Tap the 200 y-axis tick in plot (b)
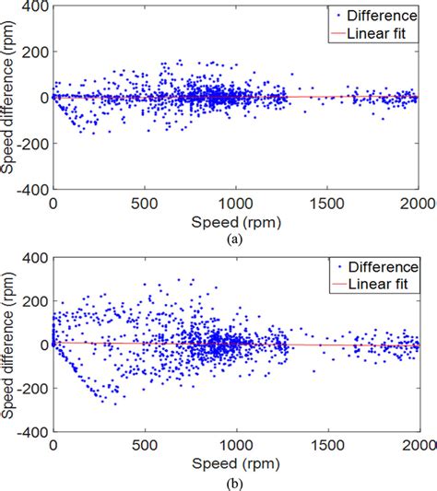34,300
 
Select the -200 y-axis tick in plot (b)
31,388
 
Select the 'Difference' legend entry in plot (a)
381,14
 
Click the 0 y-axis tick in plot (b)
41,344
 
